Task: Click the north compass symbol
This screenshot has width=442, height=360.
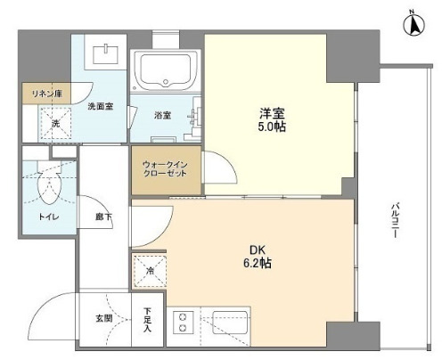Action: tap(413, 23)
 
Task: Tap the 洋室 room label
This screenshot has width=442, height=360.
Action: tap(272, 113)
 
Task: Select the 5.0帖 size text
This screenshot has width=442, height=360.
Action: tap(272, 127)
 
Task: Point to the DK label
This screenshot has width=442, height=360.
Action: tap(258, 250)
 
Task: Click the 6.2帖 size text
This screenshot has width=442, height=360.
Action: tap(258, 263)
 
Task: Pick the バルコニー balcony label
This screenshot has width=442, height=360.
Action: tap(395, 220)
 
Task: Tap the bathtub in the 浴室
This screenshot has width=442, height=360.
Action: tap(165, 70)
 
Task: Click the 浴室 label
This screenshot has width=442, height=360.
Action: tap(162, 115)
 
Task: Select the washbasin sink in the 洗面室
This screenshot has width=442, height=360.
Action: tap(105, 54)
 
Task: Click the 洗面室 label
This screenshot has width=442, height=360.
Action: tap(101, 106)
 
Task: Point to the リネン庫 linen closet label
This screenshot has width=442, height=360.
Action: tap(47, 94)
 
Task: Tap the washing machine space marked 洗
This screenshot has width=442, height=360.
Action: tap(55, 123)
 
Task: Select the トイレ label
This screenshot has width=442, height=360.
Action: tap(49, 217)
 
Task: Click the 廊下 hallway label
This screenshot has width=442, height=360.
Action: tap(103, 217)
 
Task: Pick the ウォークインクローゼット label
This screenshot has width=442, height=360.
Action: tap(165, 169)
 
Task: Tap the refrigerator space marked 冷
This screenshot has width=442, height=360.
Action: tap(150, 271)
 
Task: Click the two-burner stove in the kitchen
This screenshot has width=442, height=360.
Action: tap(183, 322)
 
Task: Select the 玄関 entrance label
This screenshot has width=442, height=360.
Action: tap(104, 319)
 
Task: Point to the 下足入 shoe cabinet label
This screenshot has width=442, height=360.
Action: tap(147, 319)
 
